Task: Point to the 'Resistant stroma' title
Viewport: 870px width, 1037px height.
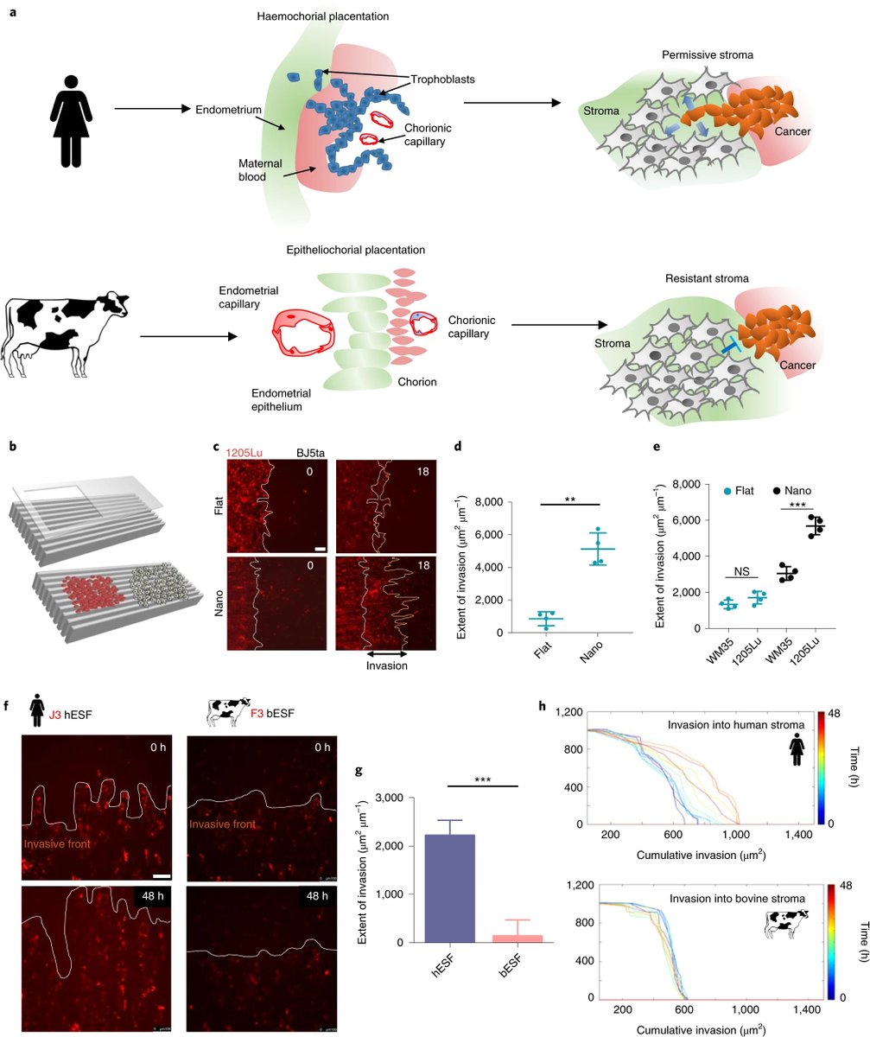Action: coord(700,280)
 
